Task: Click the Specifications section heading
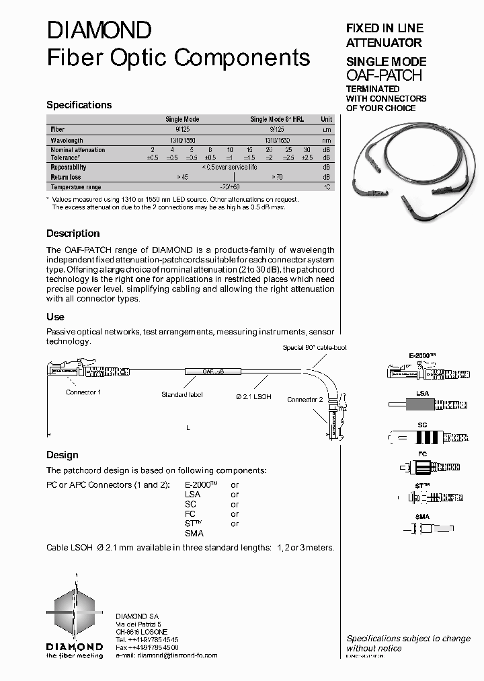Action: point(79,105)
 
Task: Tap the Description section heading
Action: point(73,234)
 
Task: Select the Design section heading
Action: point(62,455)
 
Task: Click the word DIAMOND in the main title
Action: point(99,30)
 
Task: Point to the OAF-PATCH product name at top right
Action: point(384,75)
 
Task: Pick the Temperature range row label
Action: point(76,187)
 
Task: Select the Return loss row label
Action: point(66,177)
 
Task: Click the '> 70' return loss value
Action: point(277,177)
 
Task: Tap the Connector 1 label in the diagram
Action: point(83,392)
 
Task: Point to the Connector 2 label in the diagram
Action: point(305,400)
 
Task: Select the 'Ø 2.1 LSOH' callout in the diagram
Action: point(253,397)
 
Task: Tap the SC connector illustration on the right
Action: point(422,437)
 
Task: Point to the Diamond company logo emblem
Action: point(75,610)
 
